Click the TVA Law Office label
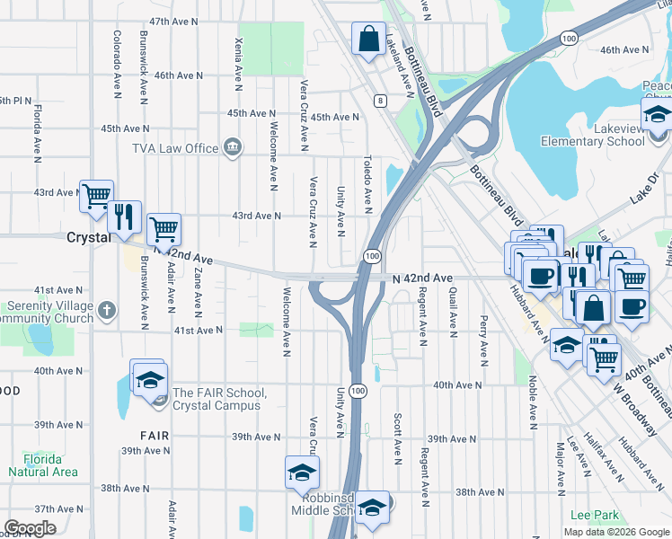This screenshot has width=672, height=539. coord(175,148)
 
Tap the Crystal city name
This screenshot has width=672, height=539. coord(89,237)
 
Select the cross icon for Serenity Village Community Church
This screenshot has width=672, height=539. coord(107,311)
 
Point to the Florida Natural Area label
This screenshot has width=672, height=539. coord(42,464)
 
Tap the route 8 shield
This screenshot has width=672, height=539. coord(382,101)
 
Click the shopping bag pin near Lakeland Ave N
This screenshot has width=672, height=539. coord(368,40)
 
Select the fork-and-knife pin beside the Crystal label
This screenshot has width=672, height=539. coord(124,216)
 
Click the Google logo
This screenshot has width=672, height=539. coord(30,528)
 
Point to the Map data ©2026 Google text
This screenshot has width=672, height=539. coord(615,532)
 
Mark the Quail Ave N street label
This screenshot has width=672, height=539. coord(454,308)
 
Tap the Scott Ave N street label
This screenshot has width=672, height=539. coord(395,439)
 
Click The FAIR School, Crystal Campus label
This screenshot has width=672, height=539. coord(217,399)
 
